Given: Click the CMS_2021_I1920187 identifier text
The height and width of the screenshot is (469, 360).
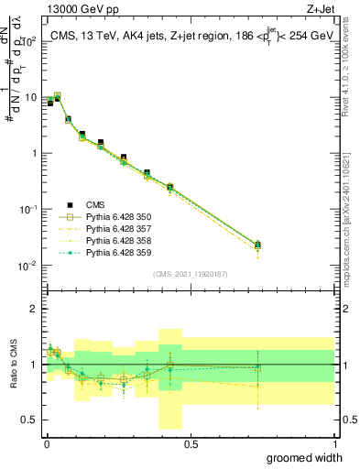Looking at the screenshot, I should point(191,273).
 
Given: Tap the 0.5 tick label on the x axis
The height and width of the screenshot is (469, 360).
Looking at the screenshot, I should point(191,443).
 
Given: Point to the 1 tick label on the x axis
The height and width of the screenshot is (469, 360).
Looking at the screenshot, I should point(334,443).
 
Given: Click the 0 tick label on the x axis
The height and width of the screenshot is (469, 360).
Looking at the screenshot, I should point(47,443).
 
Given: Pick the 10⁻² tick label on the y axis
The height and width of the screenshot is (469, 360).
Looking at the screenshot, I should point(28,266).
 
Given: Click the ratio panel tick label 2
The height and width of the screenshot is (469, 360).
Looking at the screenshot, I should point(34,309).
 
